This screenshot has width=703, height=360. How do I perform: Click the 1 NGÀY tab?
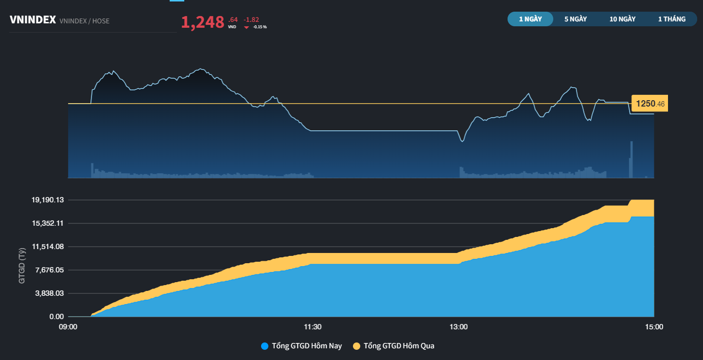(x=530, y=19)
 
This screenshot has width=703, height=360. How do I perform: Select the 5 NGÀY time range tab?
(x=576, y=19)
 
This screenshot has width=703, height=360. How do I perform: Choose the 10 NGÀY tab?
(x=622, y=19)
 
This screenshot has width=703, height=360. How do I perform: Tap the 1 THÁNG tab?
(x=671, y=19)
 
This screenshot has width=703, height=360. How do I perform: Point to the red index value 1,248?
(x=202, y=22)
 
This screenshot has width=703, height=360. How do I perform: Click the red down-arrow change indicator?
(x=246, y=27)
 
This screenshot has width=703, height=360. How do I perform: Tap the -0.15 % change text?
(x=260, y=27)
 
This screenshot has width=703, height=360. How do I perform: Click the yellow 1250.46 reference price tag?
(x=649, y=104)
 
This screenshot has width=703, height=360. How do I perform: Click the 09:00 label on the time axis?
(x=68, y=327)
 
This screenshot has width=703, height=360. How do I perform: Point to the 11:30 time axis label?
(x=312, y=327)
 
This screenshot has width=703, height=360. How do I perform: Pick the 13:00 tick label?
(x=458, y=327)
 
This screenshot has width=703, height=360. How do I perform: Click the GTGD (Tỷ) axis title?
(x=22, y=266)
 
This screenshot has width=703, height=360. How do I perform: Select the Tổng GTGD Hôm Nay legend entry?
(x=301, y=346)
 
